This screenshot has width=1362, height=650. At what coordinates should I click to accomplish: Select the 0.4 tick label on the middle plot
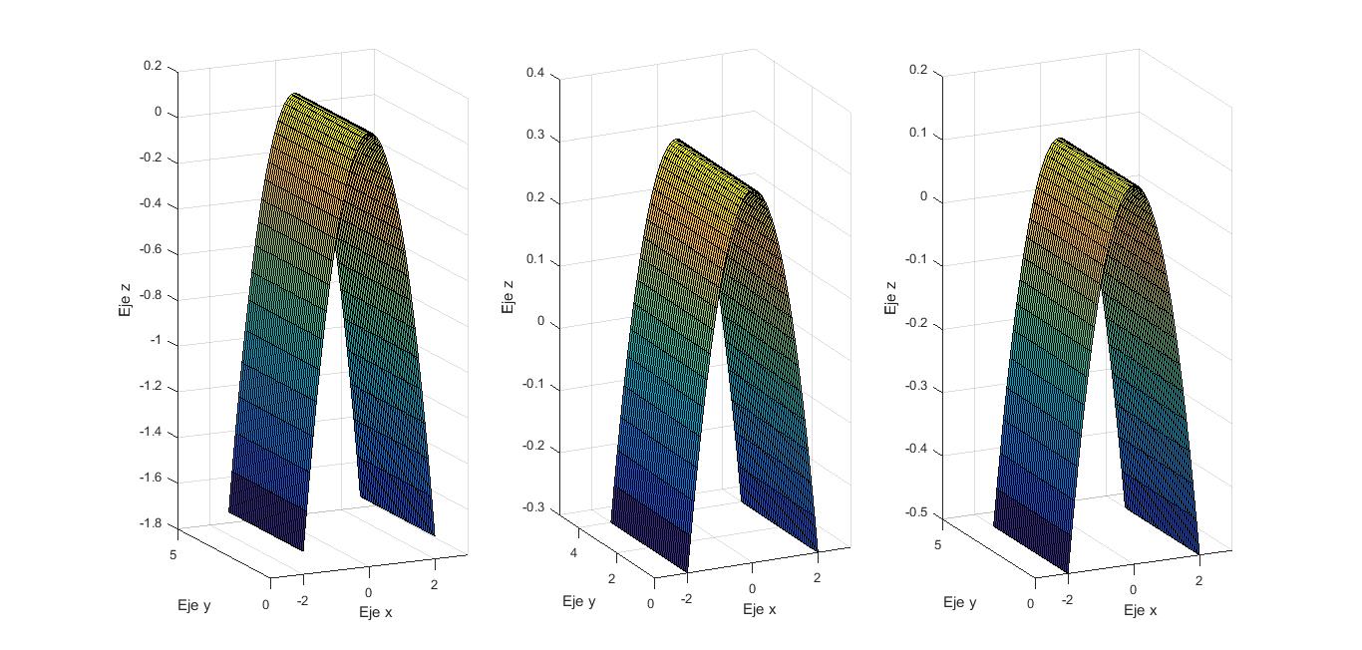(x=535, y=73)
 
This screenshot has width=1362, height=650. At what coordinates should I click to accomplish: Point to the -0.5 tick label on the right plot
(x=917, y=512)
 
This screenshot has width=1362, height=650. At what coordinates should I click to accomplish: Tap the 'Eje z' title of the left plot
(x=125, y=298)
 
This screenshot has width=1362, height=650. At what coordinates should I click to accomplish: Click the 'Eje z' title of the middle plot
(x=508, y=296)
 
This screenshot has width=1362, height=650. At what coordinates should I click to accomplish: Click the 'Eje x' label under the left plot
(x=376, y=612)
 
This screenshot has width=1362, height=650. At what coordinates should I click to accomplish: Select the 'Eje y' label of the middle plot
(x=579, y=601)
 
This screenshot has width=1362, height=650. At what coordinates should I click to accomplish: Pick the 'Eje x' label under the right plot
(x=1141, y=609)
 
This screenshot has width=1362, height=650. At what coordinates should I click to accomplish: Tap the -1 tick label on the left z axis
(x=155, y=342)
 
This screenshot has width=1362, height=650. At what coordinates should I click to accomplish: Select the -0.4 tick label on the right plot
(x=917, y=450)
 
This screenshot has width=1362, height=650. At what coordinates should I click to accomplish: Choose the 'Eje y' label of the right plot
(x=960, y=602)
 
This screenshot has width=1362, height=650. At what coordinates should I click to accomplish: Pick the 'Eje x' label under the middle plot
(x=759, y=609)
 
